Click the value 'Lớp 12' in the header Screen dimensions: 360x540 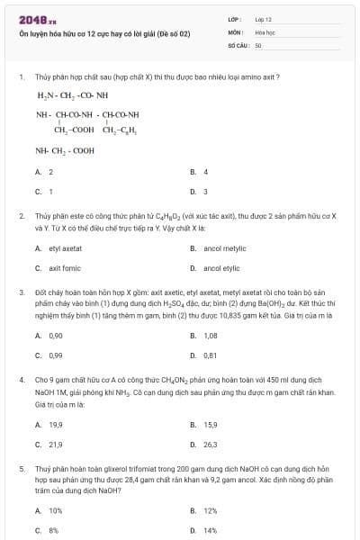tap(263, 19)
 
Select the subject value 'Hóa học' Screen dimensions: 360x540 tap(264, 31)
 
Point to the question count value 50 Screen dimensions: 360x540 tap(258, 43)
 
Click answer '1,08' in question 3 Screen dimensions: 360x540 tap(211, 335)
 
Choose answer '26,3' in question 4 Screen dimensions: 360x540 tap(211, 444)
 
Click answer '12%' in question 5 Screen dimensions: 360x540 tap(210, 510)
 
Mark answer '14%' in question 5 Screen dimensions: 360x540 tap(210, 531)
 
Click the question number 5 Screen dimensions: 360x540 tap(22, 468)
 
